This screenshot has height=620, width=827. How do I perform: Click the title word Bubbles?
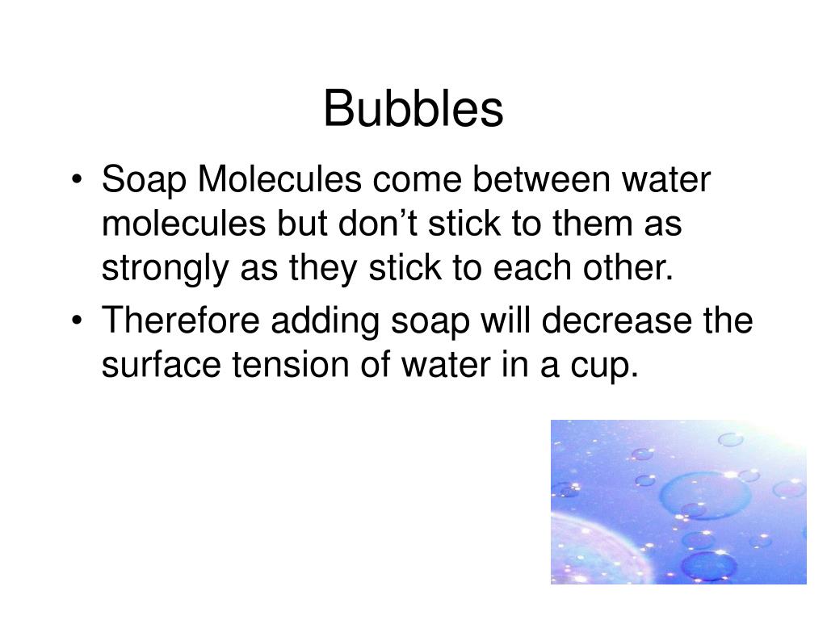coord(413,110)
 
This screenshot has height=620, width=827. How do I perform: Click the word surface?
coord(153,366)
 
